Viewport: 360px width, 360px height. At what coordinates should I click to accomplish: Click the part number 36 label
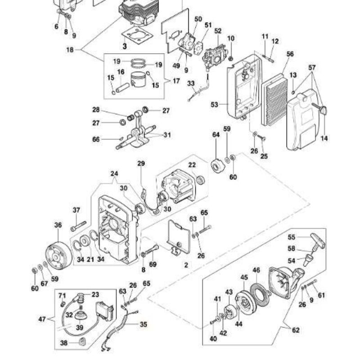[x=58, y=225]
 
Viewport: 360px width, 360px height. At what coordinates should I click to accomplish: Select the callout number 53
[x=214, y=104]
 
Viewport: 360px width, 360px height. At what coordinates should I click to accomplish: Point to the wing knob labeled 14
[x=321, y=110]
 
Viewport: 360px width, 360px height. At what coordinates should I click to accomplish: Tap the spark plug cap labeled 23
[x=81, y=297]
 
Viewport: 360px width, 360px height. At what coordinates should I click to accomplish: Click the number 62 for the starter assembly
[x=296, y=330]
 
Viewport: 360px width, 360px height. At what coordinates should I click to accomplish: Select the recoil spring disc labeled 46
[x=260, y=288]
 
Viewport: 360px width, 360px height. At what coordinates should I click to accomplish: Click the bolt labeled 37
[x=77, y=225]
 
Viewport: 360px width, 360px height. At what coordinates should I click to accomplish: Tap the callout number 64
[x=216, y=135]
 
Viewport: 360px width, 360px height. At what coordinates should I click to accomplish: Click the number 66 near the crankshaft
[x=96, y=139]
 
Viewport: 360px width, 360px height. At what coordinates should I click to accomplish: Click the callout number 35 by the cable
[x=144, y=324]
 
